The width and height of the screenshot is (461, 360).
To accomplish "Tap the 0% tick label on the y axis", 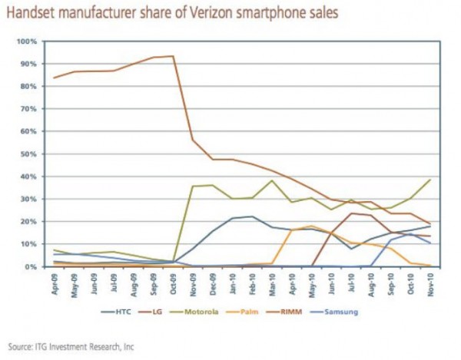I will tap(31, 267).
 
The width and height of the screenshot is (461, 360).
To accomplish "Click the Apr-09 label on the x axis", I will tap(55, 282).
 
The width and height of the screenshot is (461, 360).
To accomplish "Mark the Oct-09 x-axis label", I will tap(173, 282).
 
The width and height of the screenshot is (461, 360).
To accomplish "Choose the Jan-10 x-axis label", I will tap(232, 282).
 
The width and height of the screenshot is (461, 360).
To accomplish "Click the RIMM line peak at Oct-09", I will tap(173, 56).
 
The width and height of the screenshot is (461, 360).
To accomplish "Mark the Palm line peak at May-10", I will tap(311, 226).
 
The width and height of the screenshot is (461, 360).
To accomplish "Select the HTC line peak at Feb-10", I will tap(251, 216).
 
